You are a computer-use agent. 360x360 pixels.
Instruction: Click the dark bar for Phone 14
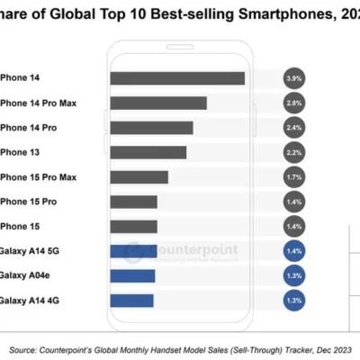point(176,78)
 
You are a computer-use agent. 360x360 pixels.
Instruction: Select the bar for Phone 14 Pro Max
point(157,103)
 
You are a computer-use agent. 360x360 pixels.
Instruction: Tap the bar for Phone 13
point(148,152)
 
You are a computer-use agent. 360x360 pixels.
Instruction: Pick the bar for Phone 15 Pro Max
point(141,177)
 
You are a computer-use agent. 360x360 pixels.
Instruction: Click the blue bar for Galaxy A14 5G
point(133,251)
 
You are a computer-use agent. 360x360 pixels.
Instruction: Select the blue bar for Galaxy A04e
point(132,275)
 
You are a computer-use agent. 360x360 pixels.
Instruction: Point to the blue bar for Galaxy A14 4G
point(131,300)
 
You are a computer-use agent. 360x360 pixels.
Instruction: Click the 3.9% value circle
point(293,78)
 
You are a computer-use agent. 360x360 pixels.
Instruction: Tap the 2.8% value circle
point(293,103)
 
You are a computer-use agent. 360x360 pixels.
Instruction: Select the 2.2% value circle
point(293,152)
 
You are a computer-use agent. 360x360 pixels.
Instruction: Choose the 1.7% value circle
point(293,177)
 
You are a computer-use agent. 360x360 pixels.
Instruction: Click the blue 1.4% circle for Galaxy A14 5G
point(293,251)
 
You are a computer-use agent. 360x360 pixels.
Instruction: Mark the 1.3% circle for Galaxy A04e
point(293,275)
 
